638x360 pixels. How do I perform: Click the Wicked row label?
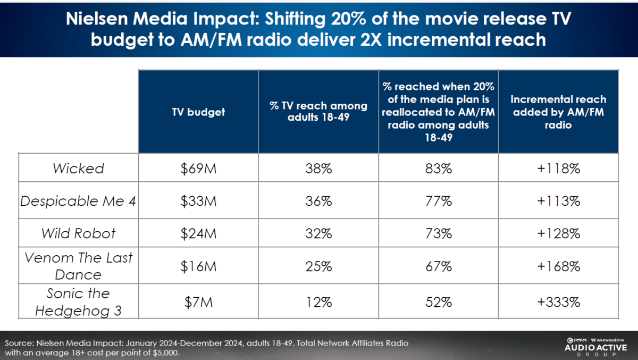[78, 169]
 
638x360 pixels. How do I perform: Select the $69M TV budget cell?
[198, 169]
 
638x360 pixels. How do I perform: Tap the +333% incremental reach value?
[558, 302]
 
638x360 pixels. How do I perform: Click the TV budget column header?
[198, 112]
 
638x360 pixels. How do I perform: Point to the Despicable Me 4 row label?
[78, 202]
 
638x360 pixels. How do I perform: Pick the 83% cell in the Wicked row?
[439, 169]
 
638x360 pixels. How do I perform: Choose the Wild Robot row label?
[78, 234]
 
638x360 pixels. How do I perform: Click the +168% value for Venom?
[558, 266]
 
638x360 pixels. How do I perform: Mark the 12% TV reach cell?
[318, 302]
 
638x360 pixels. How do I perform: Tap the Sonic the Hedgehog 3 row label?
[78, 302]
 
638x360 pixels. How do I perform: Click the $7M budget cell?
[198, 302]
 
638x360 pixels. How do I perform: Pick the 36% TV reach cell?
[318, 202]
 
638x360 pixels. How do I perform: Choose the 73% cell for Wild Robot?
[439, 234]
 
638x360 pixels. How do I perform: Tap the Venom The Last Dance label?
[78, 266]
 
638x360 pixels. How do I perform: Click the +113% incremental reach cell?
[558, 202]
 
